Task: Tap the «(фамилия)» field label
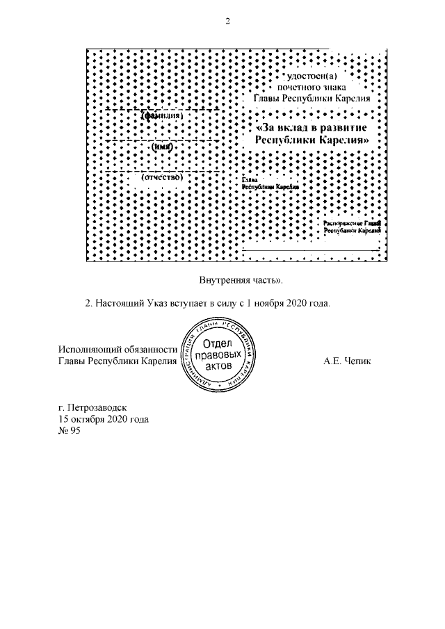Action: coord(162,116)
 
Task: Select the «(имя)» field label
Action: coord(162,147)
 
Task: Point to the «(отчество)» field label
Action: coord(162,177)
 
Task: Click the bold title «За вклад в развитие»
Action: coord(311,128)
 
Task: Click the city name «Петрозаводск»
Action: coord(98,408)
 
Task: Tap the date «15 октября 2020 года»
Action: coord(104,420)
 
